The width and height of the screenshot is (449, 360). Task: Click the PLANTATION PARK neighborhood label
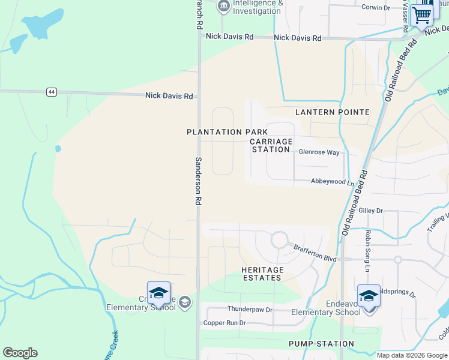pos(227,132)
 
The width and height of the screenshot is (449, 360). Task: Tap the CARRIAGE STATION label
pos(271,145)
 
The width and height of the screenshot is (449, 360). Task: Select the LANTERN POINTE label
pos(332,112)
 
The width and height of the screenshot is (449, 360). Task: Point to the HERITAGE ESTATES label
pos(262,274)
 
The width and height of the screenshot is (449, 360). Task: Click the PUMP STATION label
pos(321,344)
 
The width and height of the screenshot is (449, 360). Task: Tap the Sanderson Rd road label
pos(197,181)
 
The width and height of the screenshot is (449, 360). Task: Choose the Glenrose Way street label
pos(319,152)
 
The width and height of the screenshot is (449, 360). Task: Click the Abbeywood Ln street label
pos(332,181)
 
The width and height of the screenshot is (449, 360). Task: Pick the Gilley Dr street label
pos(370,211)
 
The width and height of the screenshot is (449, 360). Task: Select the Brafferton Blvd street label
pos(315,251)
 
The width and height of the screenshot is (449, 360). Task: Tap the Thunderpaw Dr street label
pos(250,310)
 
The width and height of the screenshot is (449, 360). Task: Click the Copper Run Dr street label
pos(225,323)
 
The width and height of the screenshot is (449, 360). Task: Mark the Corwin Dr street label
pos(376,8)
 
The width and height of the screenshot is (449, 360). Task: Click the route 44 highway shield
pos(52,92)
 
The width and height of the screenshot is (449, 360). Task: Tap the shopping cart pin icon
pos(422,14)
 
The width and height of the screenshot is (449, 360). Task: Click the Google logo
pos(20,353)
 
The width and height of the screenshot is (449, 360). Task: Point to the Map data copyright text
pos(412,355)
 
